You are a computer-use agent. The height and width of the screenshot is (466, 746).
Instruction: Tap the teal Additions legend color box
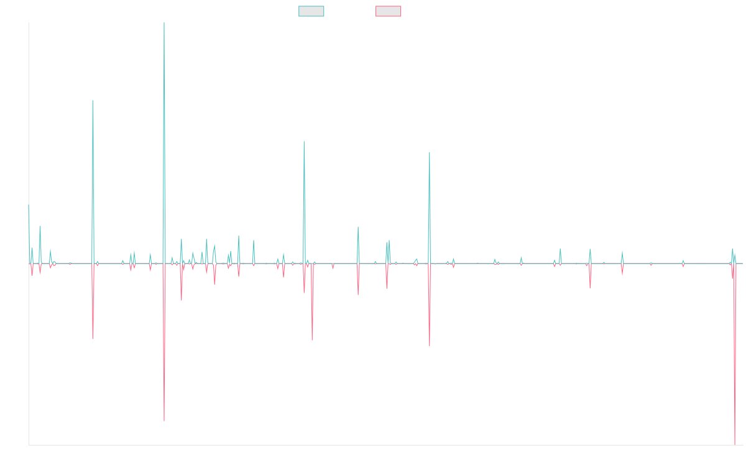click(x=311, y=11)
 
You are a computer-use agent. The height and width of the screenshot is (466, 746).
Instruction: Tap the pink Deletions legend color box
click(x=389, y=11)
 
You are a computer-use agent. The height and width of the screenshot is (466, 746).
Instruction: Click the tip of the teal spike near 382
click(x=93, y=101)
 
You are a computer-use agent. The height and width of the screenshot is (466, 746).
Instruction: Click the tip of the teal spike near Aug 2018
click(x=304, y=142)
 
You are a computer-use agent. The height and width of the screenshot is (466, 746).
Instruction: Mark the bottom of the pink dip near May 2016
click(x=164, y=421)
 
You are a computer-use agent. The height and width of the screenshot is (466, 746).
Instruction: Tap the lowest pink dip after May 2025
click(x=735, y=444)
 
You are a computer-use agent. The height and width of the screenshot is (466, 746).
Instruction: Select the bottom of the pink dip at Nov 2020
click(x=430, y=345)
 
